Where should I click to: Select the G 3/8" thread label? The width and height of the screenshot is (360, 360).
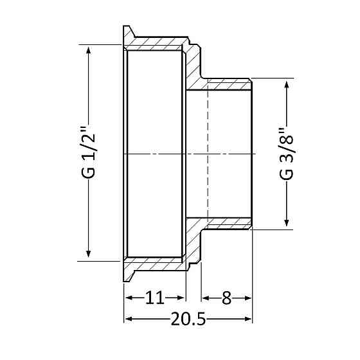pos(287,154)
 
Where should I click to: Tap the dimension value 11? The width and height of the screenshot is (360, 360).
pos(155,298)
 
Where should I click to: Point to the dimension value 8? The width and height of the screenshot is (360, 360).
pos(226,298)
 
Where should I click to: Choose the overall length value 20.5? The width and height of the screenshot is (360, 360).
pos(188,319)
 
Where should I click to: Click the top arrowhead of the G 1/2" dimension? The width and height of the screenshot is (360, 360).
pos(89,50)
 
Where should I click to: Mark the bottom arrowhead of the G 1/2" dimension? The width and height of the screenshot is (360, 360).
pos(89,253)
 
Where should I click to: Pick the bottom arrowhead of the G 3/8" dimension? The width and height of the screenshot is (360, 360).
pos(287,222)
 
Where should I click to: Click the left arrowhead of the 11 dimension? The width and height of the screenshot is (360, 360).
pos(129,298)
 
